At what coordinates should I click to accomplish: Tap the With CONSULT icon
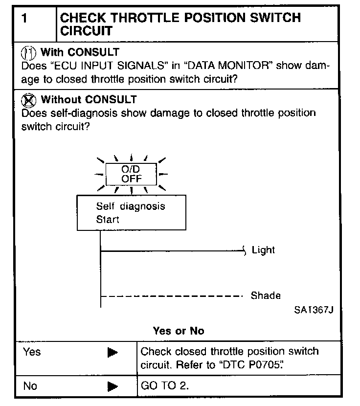pos(30,51)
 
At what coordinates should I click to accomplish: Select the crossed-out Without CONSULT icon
pos(30,100)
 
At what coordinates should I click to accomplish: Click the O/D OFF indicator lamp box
pos(132,174)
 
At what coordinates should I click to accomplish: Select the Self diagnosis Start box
pos(131,213)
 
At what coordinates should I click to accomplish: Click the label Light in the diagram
pos(263,250)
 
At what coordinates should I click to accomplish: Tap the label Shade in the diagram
pos(266,295)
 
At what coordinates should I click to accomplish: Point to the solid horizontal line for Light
pos(171,251)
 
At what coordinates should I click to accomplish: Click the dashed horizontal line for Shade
pos(171,296)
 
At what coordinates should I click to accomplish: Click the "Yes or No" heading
pos(178,331)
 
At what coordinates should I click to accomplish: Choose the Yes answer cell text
pos(32,352)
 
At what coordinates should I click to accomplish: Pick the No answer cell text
pos(30,386)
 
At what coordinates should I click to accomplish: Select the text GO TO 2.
pos(164,386)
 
